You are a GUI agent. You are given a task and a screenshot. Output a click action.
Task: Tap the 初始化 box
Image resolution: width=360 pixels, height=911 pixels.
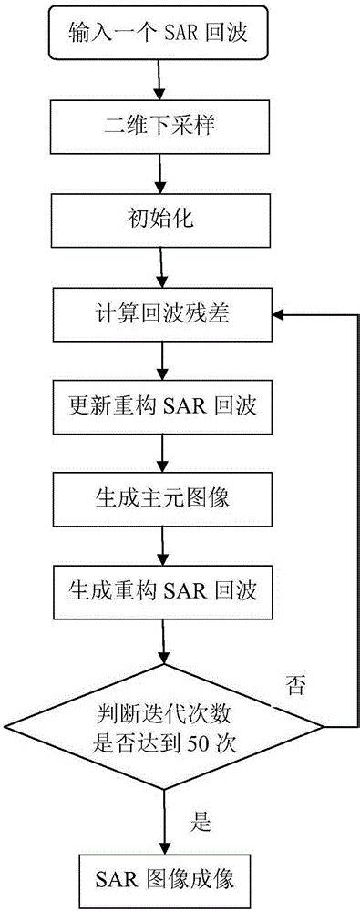click(x=162, y=220)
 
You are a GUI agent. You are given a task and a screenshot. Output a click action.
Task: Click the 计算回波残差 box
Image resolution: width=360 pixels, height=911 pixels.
click(x=162, y=313)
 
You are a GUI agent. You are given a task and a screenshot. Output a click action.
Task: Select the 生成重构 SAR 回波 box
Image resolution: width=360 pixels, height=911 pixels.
click(x=162, y=590)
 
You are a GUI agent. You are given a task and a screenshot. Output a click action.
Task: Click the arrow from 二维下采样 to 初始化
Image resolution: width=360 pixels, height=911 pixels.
click(x=162, y=172)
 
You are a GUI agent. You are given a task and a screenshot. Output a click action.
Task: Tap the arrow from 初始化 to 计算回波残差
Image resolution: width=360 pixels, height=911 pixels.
click(x=162, y=266)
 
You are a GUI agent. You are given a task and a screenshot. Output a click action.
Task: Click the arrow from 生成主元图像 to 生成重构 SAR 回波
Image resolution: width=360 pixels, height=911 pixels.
click(x=162, y=544)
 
